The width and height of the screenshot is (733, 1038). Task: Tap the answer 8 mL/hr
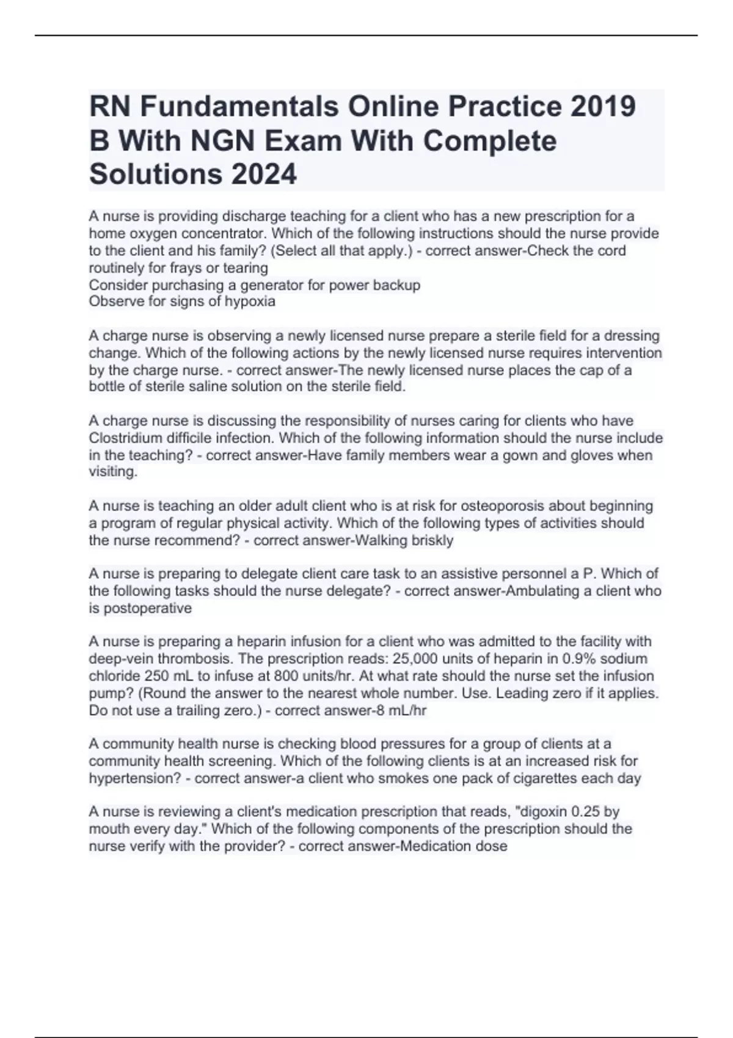click(x=398, y=711)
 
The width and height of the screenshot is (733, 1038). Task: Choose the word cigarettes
click(x=567, y=778)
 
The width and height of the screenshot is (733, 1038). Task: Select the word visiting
click(x=113, y=472)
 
